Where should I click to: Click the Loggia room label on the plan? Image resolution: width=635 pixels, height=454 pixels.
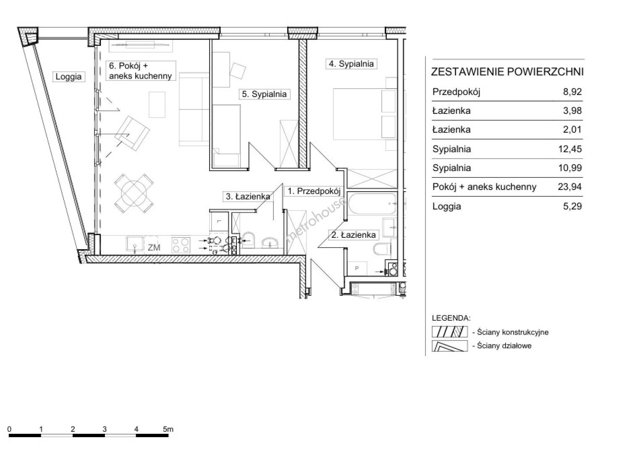coord(68,77)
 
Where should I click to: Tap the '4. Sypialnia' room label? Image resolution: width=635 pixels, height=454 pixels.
coord(351,64)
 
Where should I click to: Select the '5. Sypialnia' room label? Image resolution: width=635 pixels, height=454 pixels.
coord(264,94)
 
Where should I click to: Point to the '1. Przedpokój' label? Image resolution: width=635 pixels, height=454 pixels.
coord(314,191)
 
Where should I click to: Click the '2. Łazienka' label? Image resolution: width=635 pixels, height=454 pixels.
coord(354,235)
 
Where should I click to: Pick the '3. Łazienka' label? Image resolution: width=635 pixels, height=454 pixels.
coord(248,196)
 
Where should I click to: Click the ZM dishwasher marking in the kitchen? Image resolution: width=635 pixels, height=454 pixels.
coord(154,248)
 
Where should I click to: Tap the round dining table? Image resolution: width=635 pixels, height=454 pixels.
coord(134,193)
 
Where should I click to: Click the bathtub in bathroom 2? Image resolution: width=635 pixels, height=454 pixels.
coord(372,204)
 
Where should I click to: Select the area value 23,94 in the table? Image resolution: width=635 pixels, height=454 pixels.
coord(570,187)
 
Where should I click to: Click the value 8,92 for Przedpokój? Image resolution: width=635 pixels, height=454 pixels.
coord(572,92)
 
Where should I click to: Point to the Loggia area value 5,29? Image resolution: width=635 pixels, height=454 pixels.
coord(572,206)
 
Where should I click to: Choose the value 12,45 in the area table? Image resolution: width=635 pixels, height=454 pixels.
coord(570,149)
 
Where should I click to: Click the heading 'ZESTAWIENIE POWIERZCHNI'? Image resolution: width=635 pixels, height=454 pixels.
coord(507,72)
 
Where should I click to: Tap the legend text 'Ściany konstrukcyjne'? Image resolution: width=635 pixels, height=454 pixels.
coord(513,332)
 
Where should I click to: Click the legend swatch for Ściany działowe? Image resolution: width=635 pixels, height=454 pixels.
coord(450,346)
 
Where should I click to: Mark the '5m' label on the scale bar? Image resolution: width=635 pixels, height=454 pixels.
coord(168,429)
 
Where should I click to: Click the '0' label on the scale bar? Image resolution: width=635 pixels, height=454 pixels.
coord(9,429)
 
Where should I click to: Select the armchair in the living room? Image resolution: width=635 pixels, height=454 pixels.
coord(132,133)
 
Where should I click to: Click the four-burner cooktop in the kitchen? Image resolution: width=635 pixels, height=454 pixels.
coord(181,245)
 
